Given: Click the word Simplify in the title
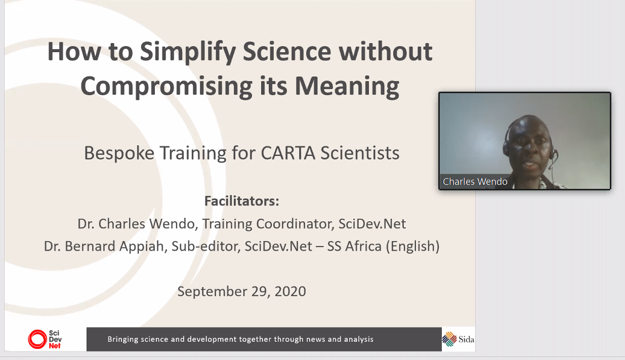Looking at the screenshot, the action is pos(188,53).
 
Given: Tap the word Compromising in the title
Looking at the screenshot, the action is pos(166,87).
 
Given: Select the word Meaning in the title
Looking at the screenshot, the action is pos(347,87).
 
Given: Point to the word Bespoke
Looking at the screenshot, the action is pos(119,153).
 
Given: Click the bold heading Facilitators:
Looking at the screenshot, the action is pos(241,201).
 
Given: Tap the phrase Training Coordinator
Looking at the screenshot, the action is pos(268,224).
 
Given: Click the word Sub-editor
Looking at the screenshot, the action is pos(206,246).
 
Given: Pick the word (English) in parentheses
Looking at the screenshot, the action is pos(412,247).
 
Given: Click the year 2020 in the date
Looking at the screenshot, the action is pos(290,291).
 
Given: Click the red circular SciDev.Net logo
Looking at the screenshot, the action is pos(37,339).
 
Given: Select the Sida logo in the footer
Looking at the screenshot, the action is pos(458,339).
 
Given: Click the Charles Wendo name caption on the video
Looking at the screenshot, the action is pos(475,182).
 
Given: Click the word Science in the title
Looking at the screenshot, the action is pos(287,52).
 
